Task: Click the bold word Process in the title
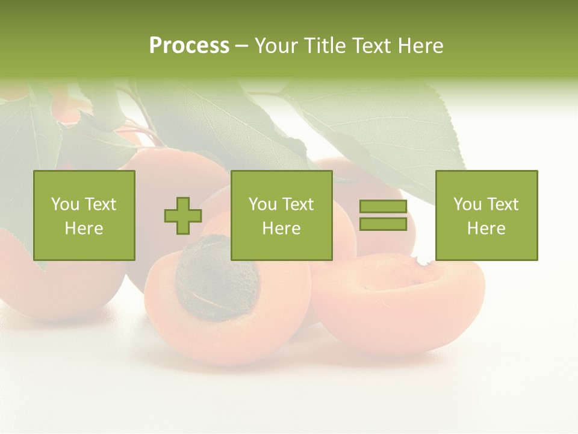(x=189, y=46)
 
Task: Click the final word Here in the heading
(x=421, y=46)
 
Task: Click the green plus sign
(x=183, y=216)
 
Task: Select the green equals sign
(x=383, y=215)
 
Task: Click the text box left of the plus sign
(x=84, y=215)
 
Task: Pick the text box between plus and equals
(x=281, y=215)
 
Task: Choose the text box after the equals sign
(x=486, y=215)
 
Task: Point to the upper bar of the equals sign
(x=383, y=207)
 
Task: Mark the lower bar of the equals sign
(x=383, y=224)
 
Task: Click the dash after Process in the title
(x=241, y=46)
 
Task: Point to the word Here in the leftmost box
(x=84, y=228)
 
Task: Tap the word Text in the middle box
(x=299, y=204)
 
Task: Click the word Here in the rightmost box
(x=486, y=228)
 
